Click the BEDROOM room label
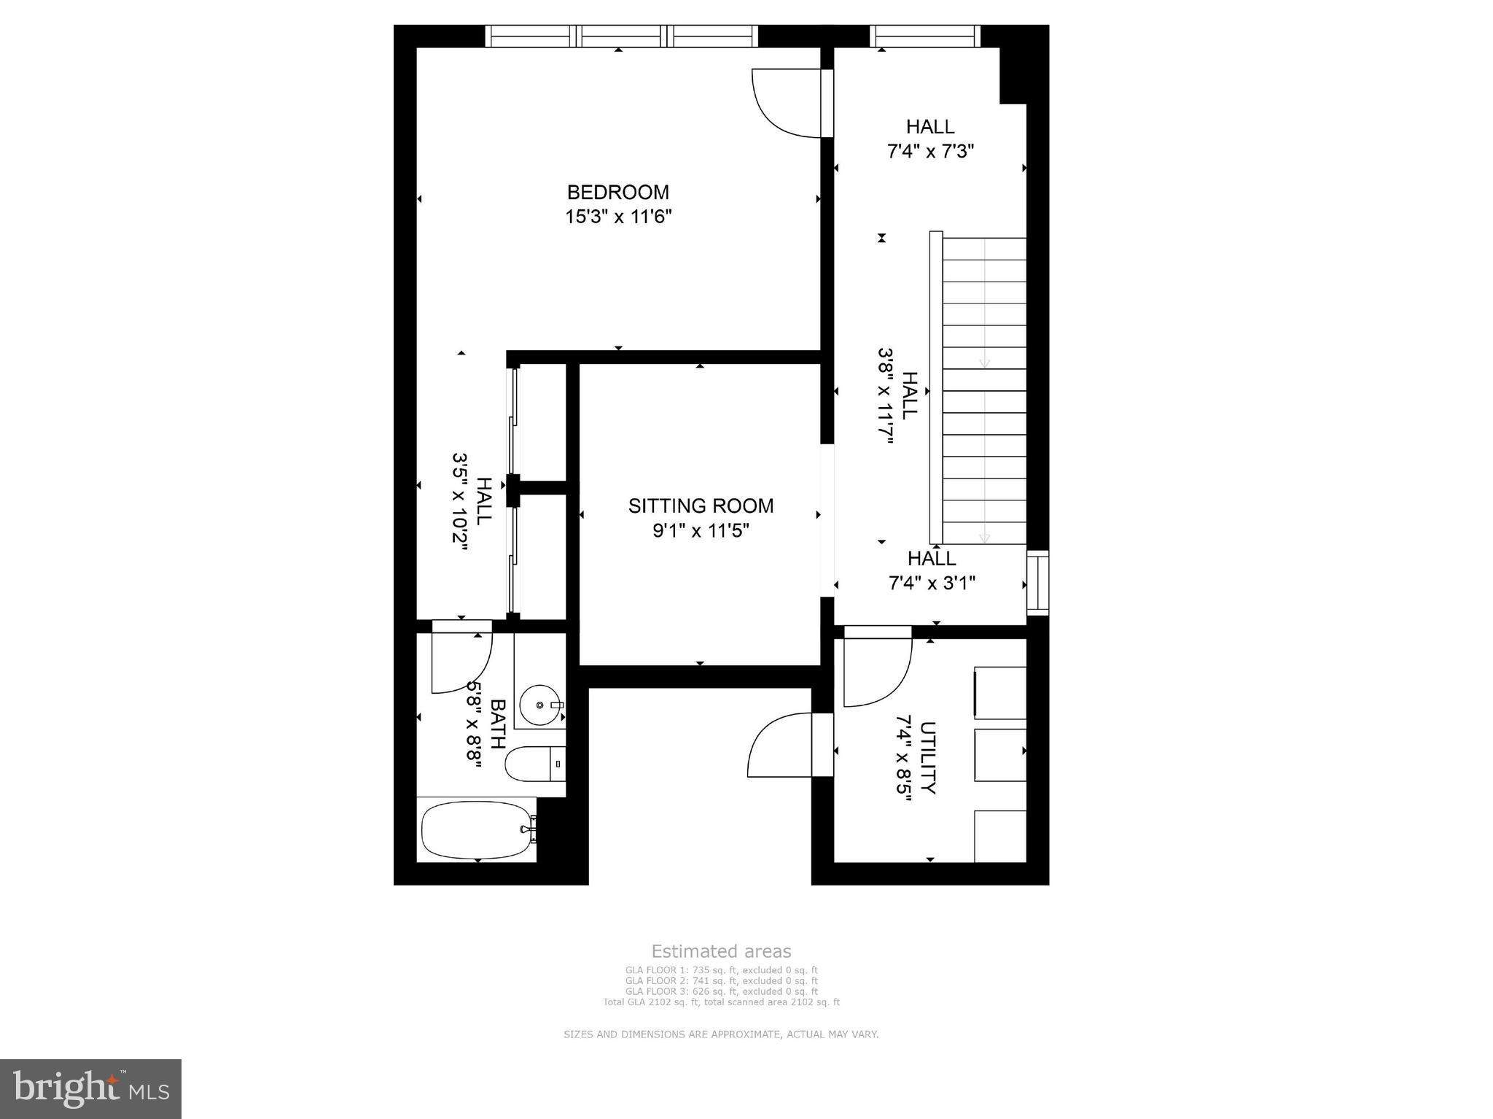[617, 192]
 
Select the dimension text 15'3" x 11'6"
[617, 217]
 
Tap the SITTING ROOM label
[701, 506]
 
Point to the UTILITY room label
[927, 757]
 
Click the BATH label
[498, 724]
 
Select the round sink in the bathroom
[540, 705]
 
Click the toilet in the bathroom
[534, 764]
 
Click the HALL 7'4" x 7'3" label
[930, 139]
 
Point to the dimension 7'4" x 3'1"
[932, 583]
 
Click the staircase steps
[984, 390]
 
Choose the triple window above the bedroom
[622, 36]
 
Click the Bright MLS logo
[90, 1088]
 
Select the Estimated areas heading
[720, 951]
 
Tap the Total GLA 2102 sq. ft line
[720, 1002]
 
